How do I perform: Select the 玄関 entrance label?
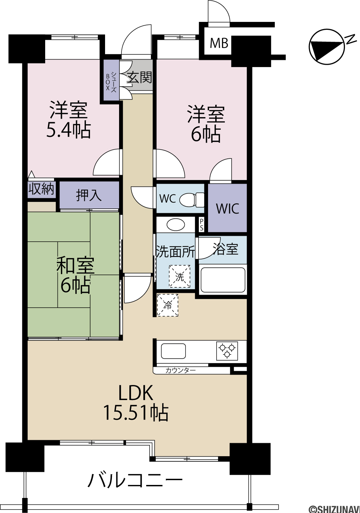(140, 77)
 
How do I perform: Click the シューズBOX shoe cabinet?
(111, 80)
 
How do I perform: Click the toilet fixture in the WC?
(192, 199)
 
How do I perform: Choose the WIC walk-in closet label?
(228, 208)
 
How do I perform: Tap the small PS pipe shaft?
(202, 224)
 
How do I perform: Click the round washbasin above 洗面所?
(176, 225)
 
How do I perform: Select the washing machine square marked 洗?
(180, 276)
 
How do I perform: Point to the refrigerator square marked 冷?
(168, 305)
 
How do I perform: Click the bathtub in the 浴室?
(223, 280)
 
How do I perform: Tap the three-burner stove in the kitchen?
(227, 351)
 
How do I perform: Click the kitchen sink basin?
(173, 351)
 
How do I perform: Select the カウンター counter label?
(181, 370)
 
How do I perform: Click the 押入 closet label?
(89, 195)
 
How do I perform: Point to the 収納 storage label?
(41, 189)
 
